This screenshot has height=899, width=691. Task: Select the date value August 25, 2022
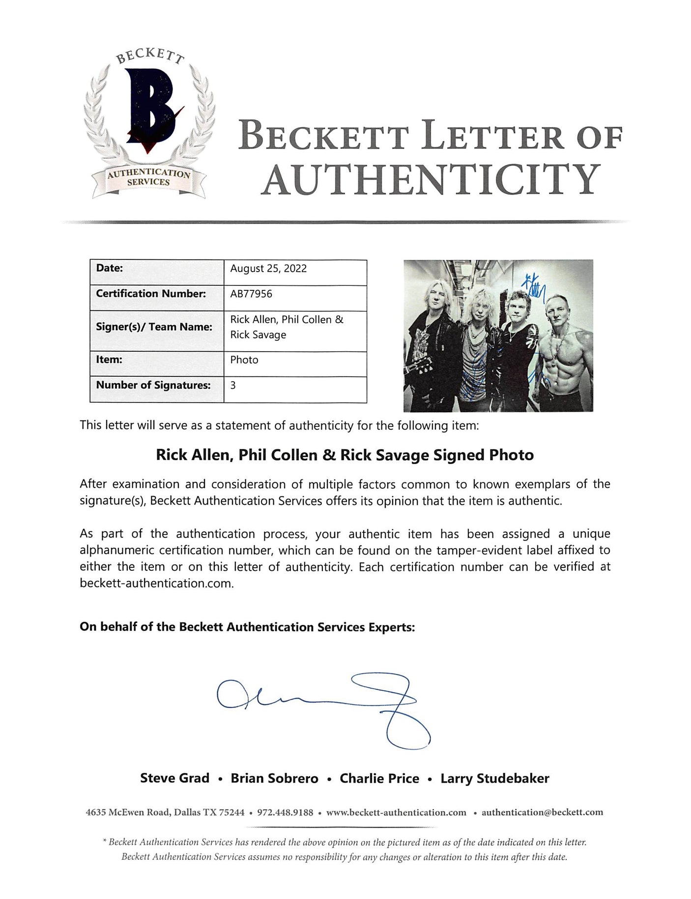pos(268,268)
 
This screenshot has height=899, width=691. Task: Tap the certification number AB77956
pos(251,294)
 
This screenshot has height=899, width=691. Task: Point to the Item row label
pos(109,360)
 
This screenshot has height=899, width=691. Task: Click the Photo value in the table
pos(244,360)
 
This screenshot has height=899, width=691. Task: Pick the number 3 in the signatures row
pos(233,385)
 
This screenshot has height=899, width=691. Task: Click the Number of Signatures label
pos(153,385)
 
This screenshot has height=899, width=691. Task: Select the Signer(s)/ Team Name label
pos(154,327)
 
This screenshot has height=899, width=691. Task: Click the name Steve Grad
pos(174,778)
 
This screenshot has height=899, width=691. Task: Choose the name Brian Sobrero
pos(274,778)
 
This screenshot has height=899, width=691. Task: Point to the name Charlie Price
pos(379,778)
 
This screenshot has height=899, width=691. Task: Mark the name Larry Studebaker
pos(494,778)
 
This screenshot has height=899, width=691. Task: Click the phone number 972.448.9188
pos(285,813)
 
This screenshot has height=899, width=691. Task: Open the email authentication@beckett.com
pos(542,813)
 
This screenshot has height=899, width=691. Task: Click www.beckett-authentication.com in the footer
pos(396,813)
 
